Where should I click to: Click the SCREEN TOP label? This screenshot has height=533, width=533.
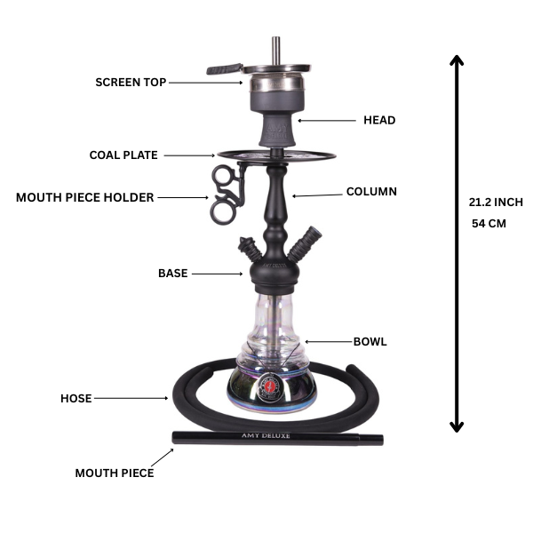130,83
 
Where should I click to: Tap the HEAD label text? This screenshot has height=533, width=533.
379,120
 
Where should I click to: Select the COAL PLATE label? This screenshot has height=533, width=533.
123,155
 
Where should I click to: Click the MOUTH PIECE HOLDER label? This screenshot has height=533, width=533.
84,197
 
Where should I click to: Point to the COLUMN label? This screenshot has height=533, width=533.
371,192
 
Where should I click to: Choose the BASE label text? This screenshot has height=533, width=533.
172,274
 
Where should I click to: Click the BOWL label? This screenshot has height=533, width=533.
370,341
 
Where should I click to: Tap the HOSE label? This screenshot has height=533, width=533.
76,399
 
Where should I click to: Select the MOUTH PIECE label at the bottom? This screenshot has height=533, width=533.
114,473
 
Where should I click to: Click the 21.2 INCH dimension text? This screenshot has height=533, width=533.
496,203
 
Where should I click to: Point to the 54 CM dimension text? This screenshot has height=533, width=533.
488,224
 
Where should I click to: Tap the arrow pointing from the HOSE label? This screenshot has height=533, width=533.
133,399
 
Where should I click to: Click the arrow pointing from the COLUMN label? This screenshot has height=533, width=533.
315,195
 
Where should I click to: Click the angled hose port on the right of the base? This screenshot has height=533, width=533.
309,238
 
